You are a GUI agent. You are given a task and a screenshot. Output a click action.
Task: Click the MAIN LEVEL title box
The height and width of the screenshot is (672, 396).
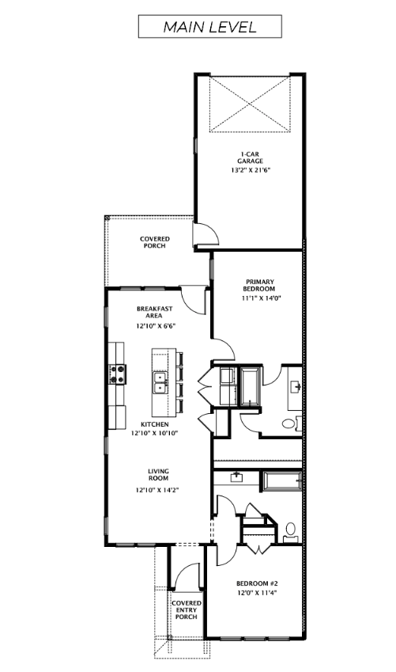(209, 26)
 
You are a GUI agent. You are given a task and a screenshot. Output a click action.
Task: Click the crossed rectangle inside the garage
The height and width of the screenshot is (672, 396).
(251, 104)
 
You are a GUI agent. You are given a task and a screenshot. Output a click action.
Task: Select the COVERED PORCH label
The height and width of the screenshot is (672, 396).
(154, 242)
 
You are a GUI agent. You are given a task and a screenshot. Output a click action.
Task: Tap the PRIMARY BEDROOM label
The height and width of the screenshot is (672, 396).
(258, 286)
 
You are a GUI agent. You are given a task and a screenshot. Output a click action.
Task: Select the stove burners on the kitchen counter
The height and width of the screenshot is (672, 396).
(119, 374)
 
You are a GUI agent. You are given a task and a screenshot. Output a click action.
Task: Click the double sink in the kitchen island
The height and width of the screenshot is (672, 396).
(160, 383)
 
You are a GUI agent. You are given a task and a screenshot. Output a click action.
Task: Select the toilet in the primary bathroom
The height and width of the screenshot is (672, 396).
(289, 424)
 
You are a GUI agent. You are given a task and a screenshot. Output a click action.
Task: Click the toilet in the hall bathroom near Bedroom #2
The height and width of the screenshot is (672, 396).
(290, 529)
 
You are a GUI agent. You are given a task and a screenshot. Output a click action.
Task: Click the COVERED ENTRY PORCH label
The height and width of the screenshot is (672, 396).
(187, 610)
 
